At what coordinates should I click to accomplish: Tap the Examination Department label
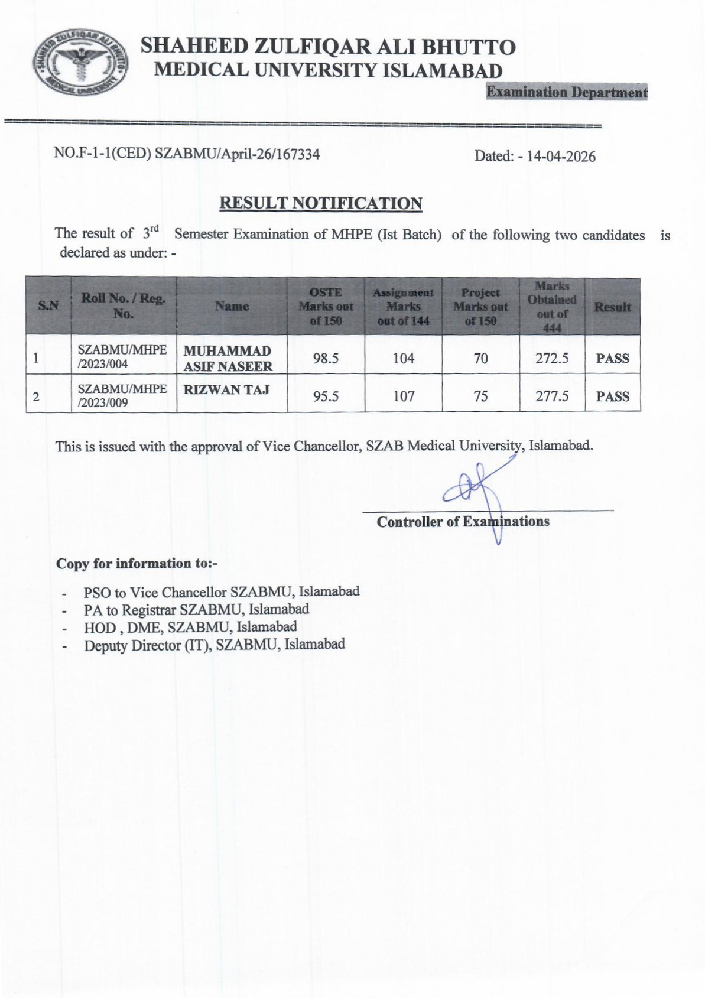pyautogui.click(x=566, y=92)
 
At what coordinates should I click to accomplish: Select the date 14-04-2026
pyautogui.click(x=561, y=157)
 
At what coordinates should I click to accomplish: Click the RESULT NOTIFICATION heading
pyautogui.click(x=320, y=203)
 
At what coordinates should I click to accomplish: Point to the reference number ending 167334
pyautogui.click(x=187, y=154)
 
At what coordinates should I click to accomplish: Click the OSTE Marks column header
pyautogui.click(x=326, y=307)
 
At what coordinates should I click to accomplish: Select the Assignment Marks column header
pyautogui.click(x=403, y=307)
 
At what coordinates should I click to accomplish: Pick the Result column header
pyautogui.click(x=612, y=307)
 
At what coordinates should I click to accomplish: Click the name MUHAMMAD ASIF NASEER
pyautogui.click(x=228, y=359)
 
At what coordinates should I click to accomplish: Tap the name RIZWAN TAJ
pyautogui.click(x=226, y=389)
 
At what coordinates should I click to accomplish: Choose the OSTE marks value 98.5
pyautogui.click(x=326, y=359)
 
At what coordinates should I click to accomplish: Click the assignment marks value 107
pyautogui.click(x=404, y=396)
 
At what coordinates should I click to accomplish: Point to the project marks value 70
pyautogui.click(x=480, y=359)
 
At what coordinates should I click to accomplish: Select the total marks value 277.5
pyautogui.click(x=552, y=396)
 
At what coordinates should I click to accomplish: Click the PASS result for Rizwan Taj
pyautogui.click(x=612, y=396)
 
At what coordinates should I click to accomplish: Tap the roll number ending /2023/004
pyautogui.click(x=122, y=357)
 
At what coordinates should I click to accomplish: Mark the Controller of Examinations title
pyautogui.click(x=463, y=522)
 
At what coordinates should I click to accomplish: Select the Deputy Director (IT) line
pyautogui.click(x=214, y=645)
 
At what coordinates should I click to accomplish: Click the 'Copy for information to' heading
pyautogui.click(x=137, y=564)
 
